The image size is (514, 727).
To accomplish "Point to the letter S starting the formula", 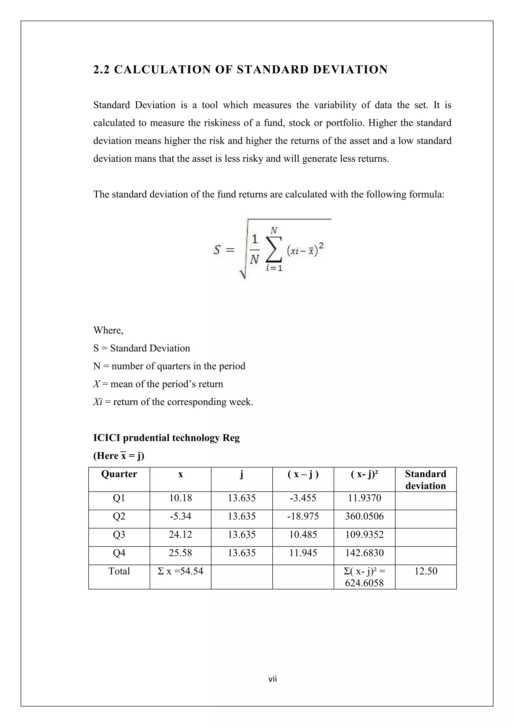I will pos(217,250).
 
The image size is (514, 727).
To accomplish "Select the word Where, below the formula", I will pos(108,331).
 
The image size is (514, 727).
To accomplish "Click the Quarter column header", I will pos(119,474).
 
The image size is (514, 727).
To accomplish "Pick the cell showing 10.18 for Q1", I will pos(180,498).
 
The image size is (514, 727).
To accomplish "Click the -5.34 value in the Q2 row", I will pos(180,516).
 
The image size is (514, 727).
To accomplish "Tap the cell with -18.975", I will pos(303,516).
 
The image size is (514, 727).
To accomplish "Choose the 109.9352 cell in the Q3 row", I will pos(364,535).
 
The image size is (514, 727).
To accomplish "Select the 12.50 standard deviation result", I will pos(426,571).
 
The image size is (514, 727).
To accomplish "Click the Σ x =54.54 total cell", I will pos(180,571).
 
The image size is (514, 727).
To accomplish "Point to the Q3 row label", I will pos(119,535).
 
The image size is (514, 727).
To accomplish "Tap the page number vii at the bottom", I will pos(273,679).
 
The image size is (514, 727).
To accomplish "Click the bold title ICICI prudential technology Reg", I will pos(166,438).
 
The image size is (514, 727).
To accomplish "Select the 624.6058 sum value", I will pos(364,583).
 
